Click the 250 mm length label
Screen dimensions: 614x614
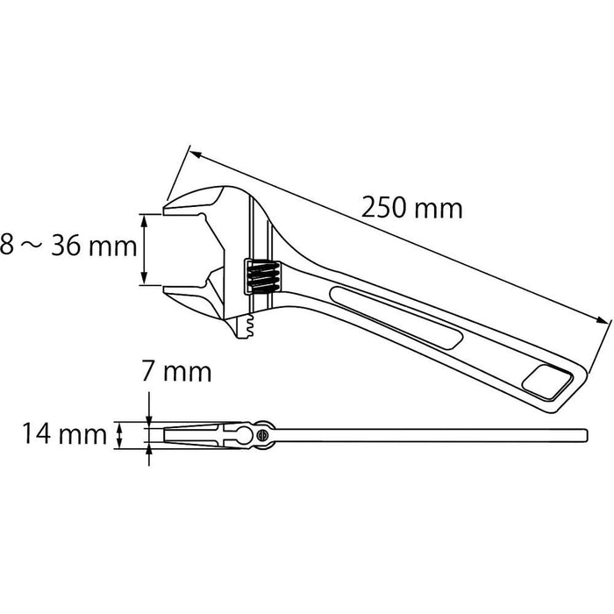(411, 209)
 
